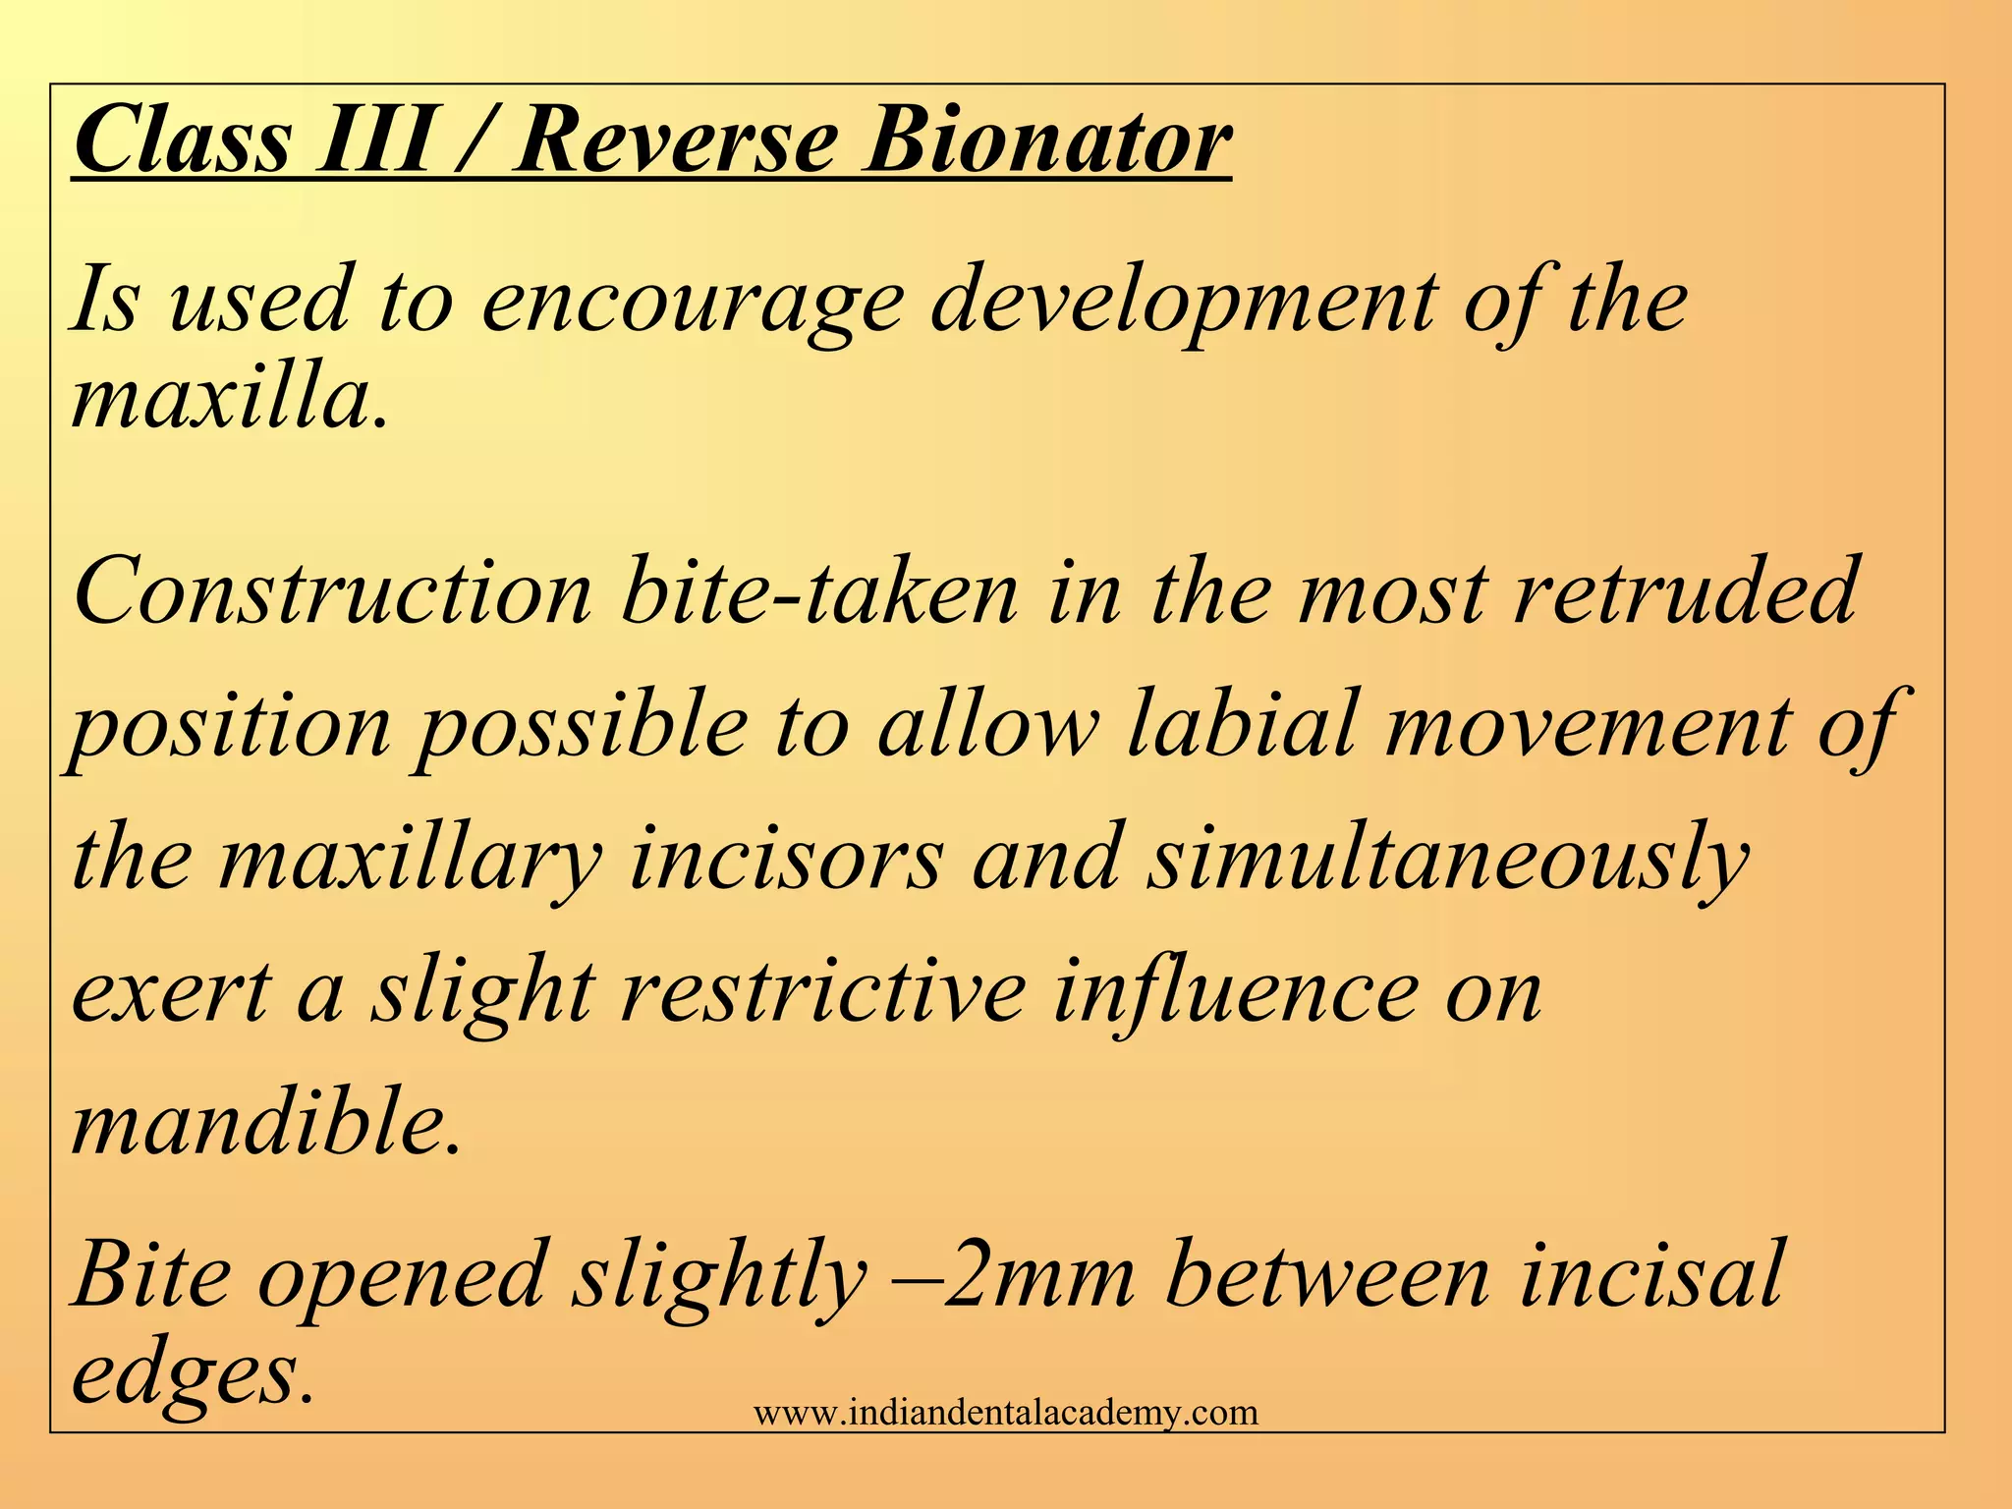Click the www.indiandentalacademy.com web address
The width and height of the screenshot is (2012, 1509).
1006,1413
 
